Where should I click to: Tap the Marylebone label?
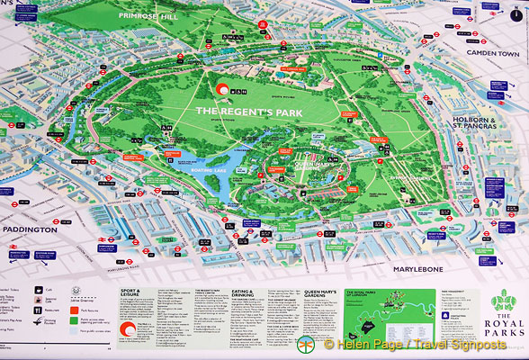click(x=427, y=268)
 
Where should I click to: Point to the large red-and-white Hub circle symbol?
click(x=220, y=89)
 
